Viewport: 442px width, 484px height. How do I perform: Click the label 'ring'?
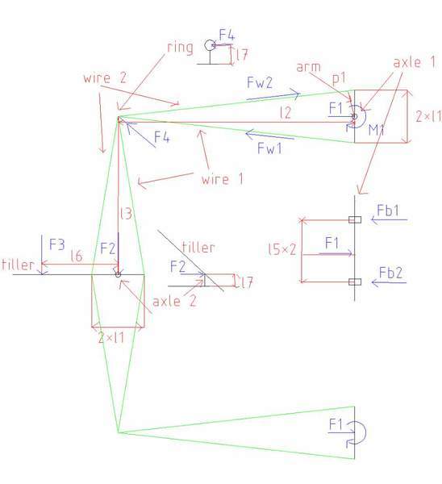coord(180,48)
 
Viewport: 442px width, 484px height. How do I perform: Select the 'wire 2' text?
coord(105,77)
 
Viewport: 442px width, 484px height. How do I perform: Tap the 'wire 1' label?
coord(222,179)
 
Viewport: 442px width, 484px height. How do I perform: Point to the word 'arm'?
coord(308,67)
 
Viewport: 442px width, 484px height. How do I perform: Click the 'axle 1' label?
coord(415,62)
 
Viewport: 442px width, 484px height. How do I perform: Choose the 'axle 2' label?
coord(174,301)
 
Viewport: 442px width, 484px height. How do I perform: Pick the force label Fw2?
coord(260,82)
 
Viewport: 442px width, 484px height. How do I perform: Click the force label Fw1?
coord(269,148)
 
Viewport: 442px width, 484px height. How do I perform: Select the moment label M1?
coord(376,130)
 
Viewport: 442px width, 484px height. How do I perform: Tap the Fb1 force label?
coord(388,211)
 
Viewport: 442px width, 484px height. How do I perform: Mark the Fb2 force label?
coord(390,273)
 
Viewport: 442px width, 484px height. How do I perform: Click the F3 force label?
coord(57,244)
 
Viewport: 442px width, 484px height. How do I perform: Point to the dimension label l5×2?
coord(282,249)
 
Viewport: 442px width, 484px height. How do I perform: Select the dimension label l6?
coord(77,256)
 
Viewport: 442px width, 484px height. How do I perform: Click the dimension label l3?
coord(126,214)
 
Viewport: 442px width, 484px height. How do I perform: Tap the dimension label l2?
coord(286,113)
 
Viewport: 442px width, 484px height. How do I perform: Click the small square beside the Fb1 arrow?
coord(355,219)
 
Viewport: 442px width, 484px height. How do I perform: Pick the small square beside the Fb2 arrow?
coord(355,282)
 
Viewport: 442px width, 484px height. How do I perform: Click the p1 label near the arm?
coord(339,78)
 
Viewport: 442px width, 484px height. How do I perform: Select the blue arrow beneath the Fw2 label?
coord(273,96)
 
